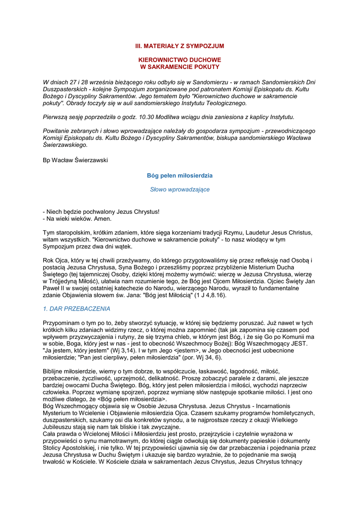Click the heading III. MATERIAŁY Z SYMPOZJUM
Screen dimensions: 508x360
[x=180, y=46]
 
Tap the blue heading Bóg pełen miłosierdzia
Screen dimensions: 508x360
[x=180, y=176]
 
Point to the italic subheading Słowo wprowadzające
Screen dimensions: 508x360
[x=180, y=190]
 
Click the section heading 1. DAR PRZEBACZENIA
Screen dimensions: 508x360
[x=76, y=309]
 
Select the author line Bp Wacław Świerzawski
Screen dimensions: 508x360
[x=75, y=160]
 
